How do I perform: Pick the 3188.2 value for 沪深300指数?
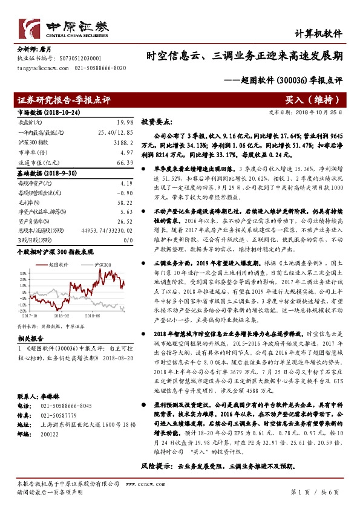(122, 141)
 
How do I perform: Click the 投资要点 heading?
(157, 122)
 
